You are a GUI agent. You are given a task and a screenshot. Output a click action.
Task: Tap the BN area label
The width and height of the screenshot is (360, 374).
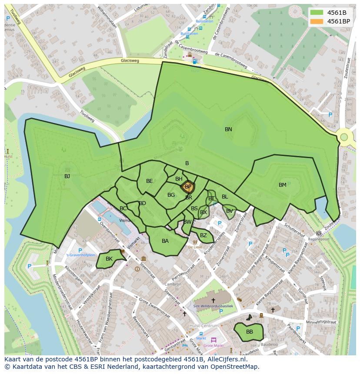pyautogui.click(x=228, y=129)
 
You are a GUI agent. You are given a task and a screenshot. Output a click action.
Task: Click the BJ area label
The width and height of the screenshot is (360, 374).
pyautogui.click(x=67, y=176)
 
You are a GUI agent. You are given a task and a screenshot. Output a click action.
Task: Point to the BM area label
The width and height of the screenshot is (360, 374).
pyautogui.click(x=283, y=185)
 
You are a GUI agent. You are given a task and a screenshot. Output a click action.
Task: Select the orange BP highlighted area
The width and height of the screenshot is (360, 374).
pyautogui.click(x=188, y=187)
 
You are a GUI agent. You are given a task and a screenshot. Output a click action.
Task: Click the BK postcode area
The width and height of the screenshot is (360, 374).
pyautogui.click(x=109, y=259)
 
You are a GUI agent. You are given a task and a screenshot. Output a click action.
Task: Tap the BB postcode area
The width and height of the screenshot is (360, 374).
pyautogui.click(x=249, y=332)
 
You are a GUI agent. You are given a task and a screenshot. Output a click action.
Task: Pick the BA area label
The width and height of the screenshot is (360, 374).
pyautogui.click(x=165, y=241)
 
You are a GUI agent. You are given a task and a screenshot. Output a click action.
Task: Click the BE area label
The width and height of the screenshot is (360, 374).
pyautogui.click(x=150, y=181)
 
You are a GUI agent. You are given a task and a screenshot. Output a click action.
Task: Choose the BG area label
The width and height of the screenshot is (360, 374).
pyautogui.click(x=171, y=195)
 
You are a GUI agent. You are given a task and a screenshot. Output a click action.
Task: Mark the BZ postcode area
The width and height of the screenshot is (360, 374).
pyautogui.click(x=203, y=236)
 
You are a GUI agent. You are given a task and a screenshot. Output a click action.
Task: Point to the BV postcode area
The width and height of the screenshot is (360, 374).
pyautogui.click(x=229, y=212)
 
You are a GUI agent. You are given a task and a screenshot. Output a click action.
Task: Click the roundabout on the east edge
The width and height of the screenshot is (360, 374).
pyautogui.click(x=344, y=137)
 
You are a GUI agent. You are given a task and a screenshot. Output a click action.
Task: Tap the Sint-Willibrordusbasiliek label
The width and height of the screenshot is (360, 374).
pyautogui.click(x=213, y=306)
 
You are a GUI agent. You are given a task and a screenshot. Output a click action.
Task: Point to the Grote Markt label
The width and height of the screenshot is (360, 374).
pyautogui.click(x=213, y=346)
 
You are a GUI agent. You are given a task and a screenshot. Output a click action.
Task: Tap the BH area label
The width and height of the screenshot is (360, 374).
pyautogui.click(x=179, y=179)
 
